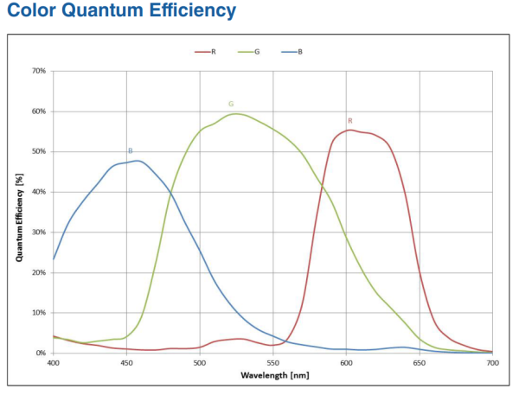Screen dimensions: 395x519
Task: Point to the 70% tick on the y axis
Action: (39, 71)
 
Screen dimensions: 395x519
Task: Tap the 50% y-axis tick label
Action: (39, 151)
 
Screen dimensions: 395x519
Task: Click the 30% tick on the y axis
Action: (39, 232)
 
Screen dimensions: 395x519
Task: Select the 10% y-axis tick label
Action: (39, 312)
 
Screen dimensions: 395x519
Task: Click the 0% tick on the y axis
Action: (41, 353)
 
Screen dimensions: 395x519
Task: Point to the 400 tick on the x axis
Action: (54, 363)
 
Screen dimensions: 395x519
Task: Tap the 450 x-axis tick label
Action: (126, 363)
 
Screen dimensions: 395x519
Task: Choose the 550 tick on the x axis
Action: (273, 363)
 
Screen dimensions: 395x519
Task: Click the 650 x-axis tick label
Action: (420, 363)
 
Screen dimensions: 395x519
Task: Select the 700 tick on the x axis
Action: (492, 363)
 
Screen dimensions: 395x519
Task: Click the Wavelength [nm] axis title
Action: (272, 375)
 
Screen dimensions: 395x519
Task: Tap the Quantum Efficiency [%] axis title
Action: (18, 212)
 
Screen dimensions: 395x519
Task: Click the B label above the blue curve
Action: (130, 151)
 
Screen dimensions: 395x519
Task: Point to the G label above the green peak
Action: (231, 104)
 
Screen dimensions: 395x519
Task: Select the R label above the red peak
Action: (349, 121)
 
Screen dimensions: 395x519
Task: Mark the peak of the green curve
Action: (237, 113)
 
